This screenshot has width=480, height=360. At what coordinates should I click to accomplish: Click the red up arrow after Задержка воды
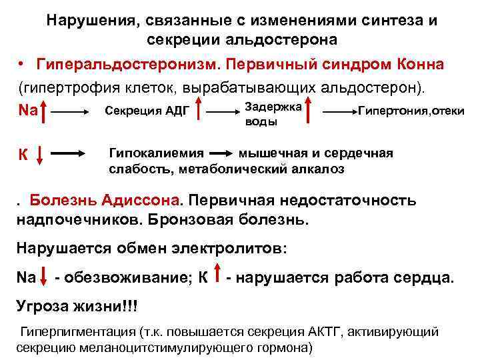tap(308, 112)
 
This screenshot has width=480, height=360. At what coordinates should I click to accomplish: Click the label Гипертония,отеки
tap(411, 111)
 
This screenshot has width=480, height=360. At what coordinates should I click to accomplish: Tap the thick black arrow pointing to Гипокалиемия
tap(73, 153)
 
